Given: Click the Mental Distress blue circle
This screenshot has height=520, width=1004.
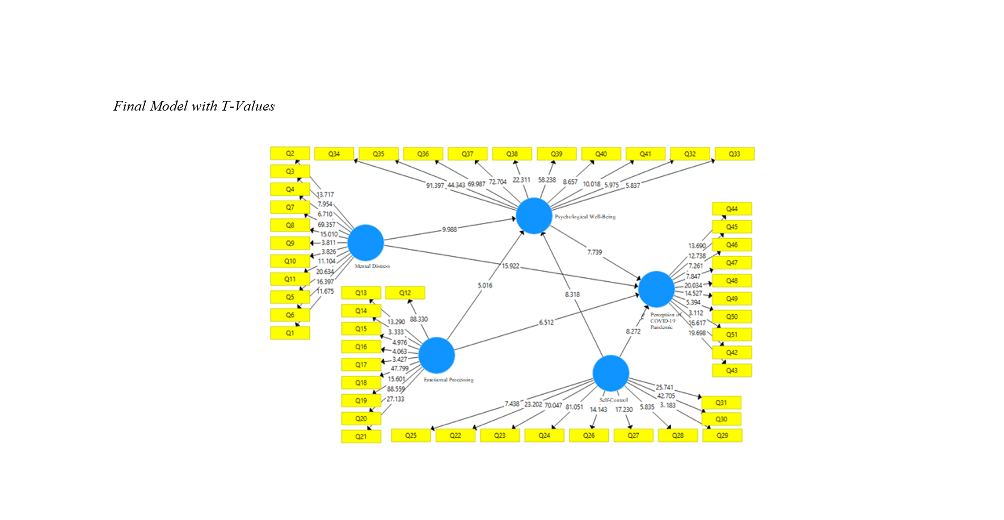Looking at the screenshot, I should [365, 243].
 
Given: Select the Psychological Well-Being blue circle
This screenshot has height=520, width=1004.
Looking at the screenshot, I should [534, 215].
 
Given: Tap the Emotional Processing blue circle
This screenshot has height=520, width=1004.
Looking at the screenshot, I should [436, 355].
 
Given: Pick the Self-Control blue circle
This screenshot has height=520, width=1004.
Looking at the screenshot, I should [610, 373].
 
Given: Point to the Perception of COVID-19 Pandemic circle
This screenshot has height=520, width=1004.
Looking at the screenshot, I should [656, 289].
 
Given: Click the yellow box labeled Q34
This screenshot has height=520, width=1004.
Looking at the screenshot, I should [334, 154].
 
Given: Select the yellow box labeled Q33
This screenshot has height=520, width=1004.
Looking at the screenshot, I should [734, 154].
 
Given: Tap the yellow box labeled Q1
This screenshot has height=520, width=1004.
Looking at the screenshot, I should [290, 333].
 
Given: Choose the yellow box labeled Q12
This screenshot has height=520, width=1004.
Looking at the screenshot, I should [405, 293].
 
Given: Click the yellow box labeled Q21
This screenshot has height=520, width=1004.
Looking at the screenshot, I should [361, 436].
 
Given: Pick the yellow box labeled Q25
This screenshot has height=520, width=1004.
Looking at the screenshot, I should [411, 436].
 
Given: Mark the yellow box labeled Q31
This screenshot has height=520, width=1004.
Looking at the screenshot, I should [721, 403].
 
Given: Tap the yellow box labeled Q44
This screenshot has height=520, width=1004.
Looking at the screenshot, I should [732, 209].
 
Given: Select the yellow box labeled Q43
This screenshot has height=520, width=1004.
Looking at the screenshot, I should [732, 370].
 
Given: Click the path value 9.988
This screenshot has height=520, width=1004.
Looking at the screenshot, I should [449, 230].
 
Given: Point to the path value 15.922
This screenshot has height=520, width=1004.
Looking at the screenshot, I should [510, 265].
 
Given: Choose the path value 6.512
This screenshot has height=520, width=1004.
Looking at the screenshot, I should [546, 322].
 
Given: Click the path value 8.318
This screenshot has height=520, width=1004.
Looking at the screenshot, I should [572, 294].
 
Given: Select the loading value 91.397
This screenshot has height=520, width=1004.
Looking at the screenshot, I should [435, 185].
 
